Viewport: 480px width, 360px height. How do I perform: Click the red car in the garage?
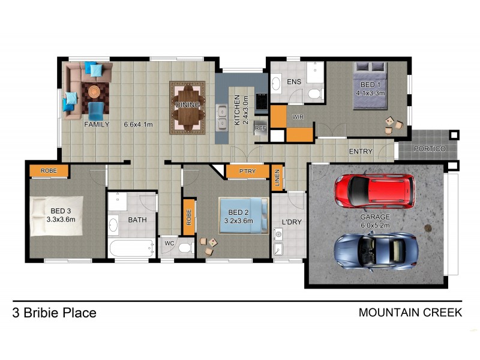[x=374, y=190]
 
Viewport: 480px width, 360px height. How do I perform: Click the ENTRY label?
[x=361, y=152]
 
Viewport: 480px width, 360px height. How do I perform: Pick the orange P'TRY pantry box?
[x=247, y=171]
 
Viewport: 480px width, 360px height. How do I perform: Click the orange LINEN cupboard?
[x=277, y=178]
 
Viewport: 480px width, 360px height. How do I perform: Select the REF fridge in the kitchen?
[x=260, y=128]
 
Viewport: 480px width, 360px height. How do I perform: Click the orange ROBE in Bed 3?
[x=49, y=171]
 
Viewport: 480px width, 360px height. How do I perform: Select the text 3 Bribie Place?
[x=54, y=313]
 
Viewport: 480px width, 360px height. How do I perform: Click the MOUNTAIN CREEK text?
[x=410, y=313]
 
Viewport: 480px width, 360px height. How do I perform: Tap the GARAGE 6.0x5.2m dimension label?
[x=375, y=221]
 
